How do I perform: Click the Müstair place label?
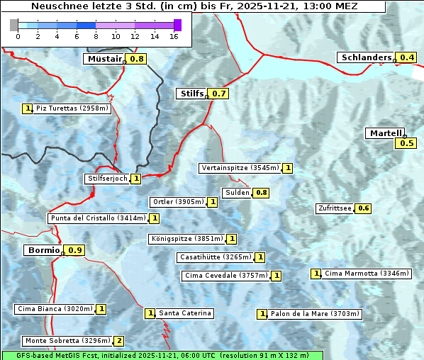click(104, 59)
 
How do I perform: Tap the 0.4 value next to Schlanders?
click(407, 57)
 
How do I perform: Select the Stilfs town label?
click(191, 94)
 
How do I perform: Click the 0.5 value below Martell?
click(406, 143)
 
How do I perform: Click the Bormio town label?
click(43, 250)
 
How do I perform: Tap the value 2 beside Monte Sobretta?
click(119, 341)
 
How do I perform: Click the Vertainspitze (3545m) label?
click(240, 168)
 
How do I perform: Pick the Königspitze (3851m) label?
click(186, 239)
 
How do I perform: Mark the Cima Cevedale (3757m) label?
click(225, 276)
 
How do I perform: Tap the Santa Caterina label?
click(184, 313)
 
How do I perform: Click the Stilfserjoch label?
click(107, 179)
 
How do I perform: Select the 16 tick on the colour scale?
click(174, 35)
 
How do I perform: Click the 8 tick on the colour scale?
click(96, 35)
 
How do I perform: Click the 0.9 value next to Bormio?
click(75, 250)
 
